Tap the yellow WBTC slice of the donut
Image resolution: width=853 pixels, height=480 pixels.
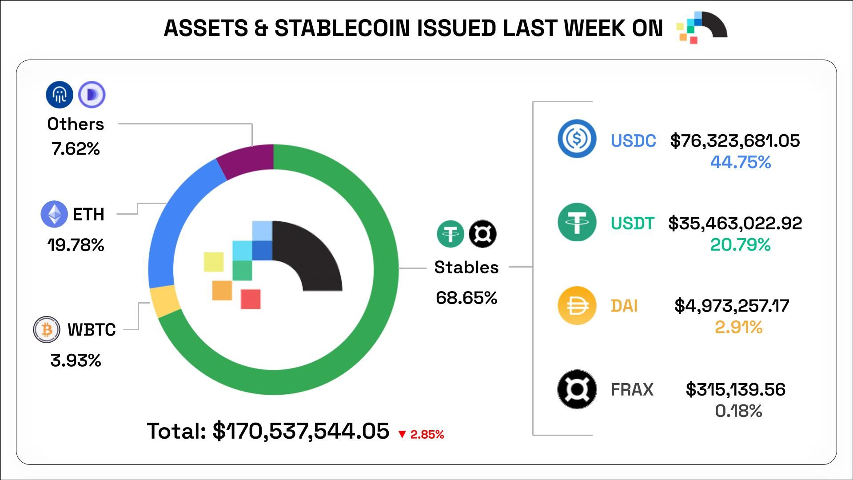tap(165, 301)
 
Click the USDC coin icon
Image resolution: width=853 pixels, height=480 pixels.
tap(577, 139)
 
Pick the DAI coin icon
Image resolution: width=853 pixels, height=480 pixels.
tap(577, 306)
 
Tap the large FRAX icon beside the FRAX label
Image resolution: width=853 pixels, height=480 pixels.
tap(577, 389)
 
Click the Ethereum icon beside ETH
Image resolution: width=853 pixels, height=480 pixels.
tap(54, 214)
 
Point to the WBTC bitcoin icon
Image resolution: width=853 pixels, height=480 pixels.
tap(47, 329)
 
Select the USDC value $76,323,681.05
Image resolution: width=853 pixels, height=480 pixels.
tap(735, 140)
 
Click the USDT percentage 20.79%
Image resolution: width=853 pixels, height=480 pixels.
tap(740, 244)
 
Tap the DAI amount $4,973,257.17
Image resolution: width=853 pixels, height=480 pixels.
tap(732, 306)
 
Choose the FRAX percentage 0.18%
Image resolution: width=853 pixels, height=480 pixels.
tap(738, 411)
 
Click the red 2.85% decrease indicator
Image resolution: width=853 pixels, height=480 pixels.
tap(421, 434)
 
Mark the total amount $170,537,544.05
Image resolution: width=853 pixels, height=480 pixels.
tap(301, 431)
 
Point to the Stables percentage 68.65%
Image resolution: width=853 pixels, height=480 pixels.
tap(466, 298)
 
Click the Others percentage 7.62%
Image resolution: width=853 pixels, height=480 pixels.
tap(76, 148)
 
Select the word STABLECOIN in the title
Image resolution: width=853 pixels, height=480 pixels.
tap(342, 28)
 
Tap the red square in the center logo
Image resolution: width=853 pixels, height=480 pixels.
tap(251, 299)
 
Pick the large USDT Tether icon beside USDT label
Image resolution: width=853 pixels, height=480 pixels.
tap(577, 222)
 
